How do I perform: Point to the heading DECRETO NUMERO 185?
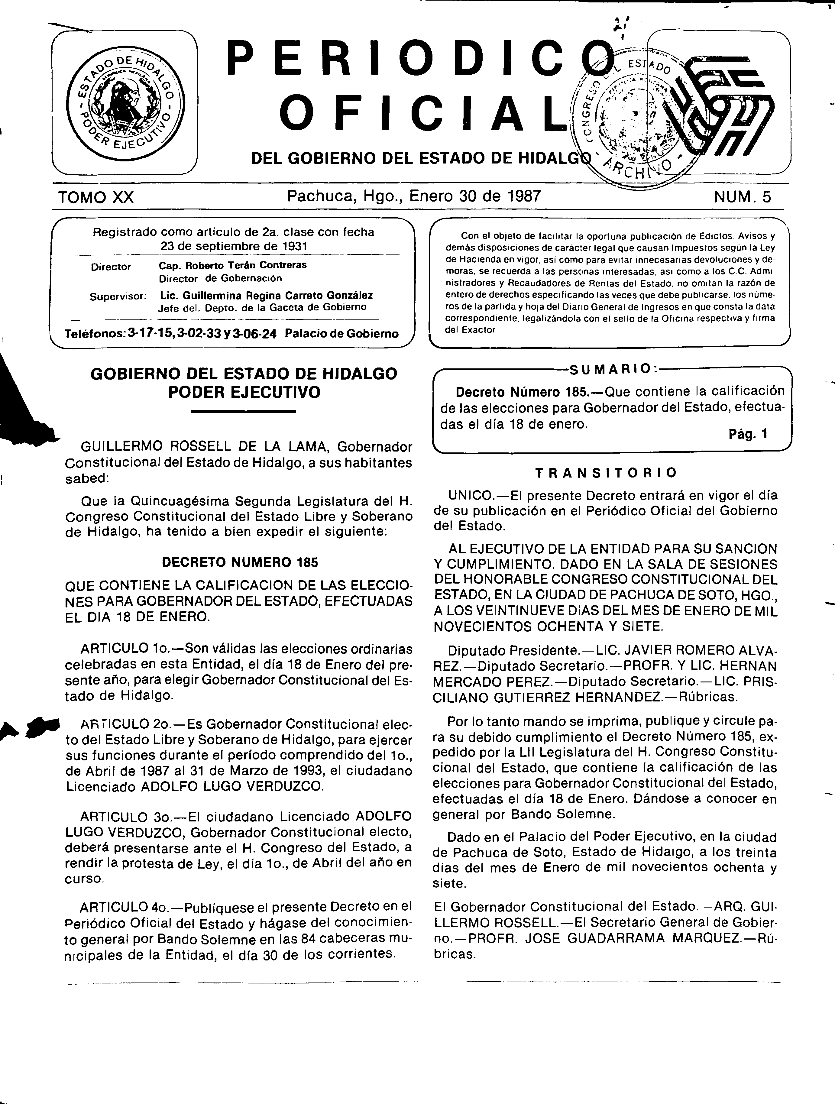point(240,562)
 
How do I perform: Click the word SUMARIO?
point(612,369)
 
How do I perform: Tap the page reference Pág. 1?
point(748,434)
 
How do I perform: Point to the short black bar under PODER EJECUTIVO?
point(244,412)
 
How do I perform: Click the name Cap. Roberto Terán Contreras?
point(233,265)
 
